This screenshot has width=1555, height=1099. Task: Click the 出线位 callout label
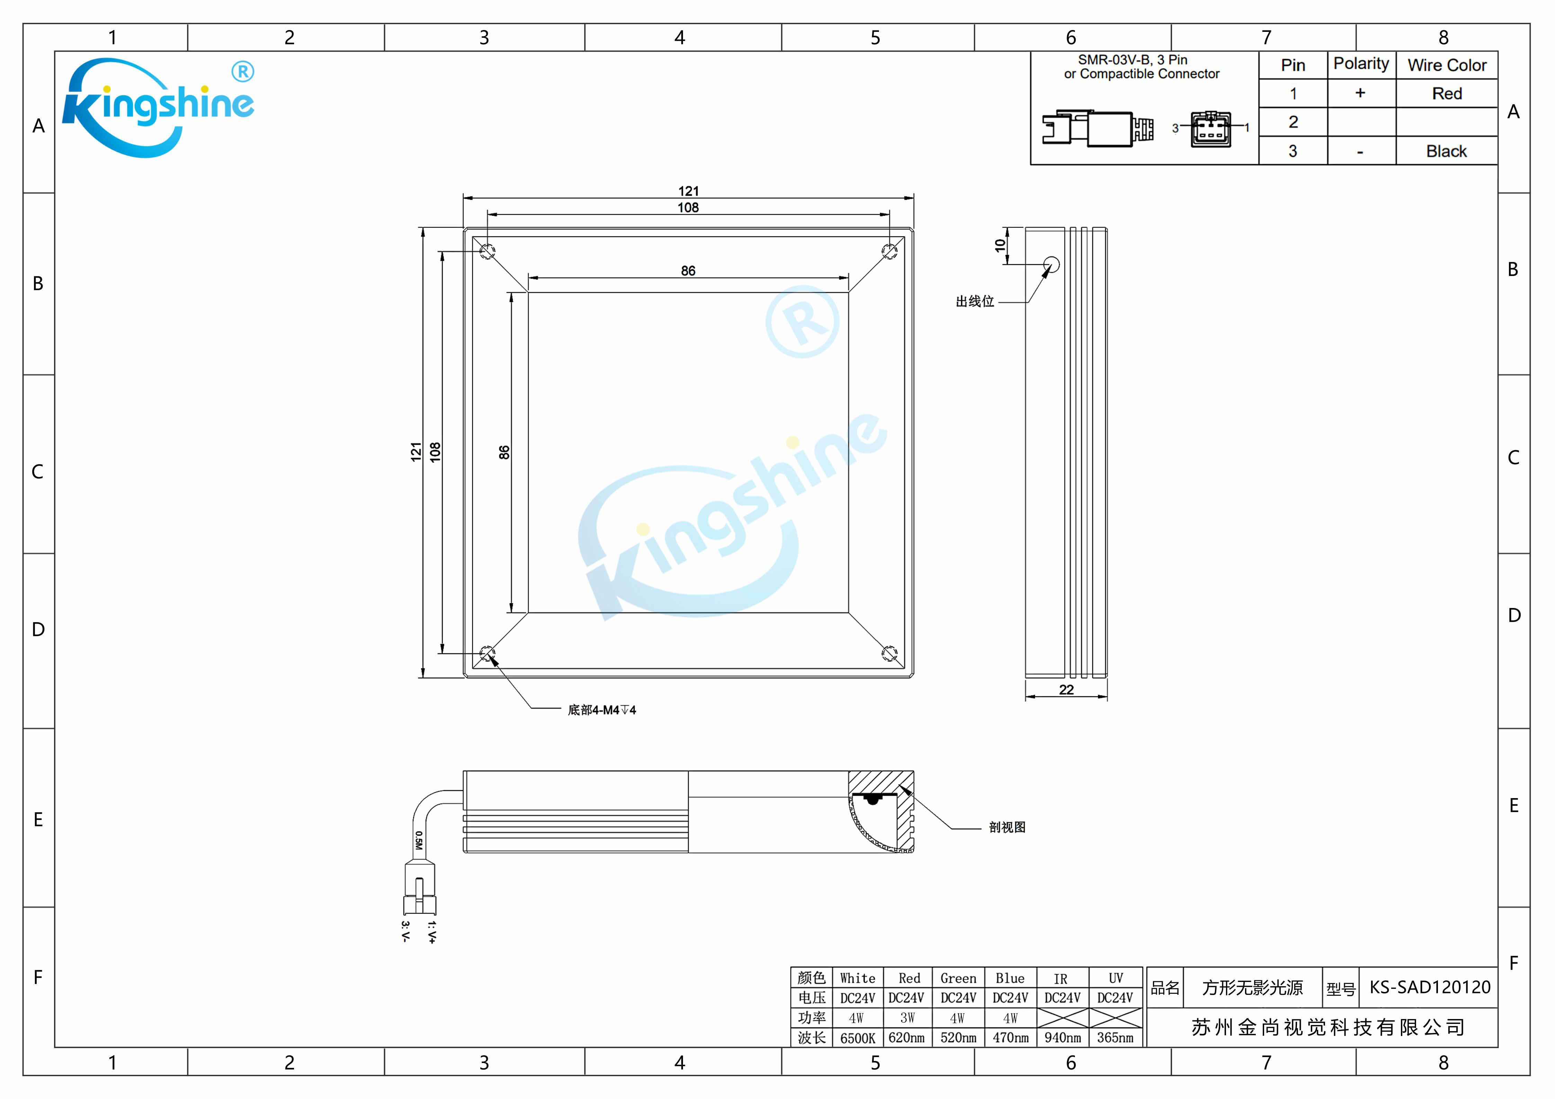[x=975, y=301]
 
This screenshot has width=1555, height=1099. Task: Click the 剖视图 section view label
[x=1007, y=827]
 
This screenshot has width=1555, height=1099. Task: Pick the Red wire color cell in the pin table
[x=1447, y=93]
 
